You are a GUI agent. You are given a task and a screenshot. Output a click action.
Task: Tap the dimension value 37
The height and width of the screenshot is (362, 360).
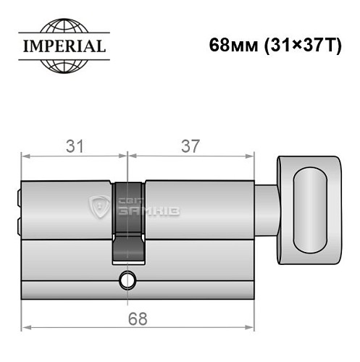tap(191, 146)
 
